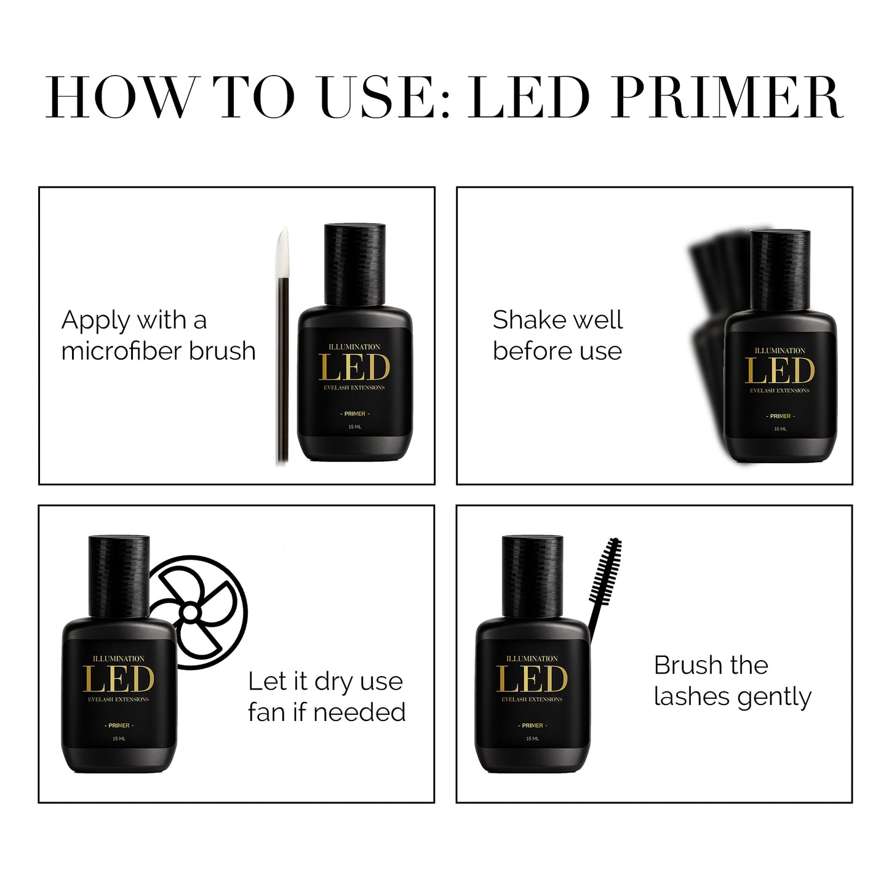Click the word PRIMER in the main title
pos(727,97)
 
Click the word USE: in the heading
pos(384,97)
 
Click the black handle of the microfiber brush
pos(283,370)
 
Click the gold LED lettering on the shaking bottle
pos(779,372)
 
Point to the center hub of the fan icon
pos(189,613)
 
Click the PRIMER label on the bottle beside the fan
pos(119,726)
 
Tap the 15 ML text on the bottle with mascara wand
pos(532,739)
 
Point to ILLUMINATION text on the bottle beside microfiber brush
pos(354,346)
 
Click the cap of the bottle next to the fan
pos(119,576)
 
